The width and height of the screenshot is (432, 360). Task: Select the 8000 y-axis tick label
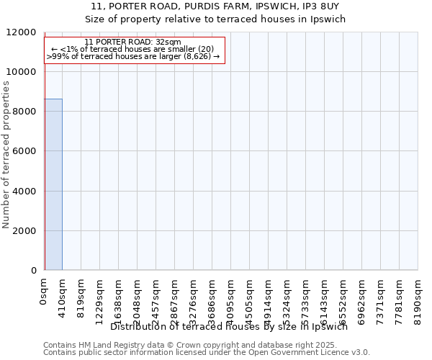pyautogui.click(x=24, y=112)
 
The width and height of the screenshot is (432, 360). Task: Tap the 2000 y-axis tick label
pyautogui.click(x=24, y=231)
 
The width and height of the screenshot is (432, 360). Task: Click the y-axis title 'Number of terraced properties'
pyautogui.click(x=6, y=155)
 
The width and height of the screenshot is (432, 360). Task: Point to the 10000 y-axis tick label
pyautogui.click(x=22, y=72)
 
